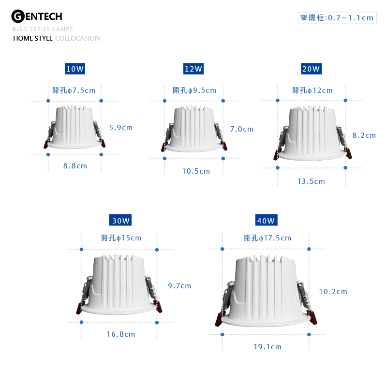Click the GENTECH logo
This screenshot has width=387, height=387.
tap(37, 16)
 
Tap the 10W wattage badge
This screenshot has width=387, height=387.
tap(75, 69)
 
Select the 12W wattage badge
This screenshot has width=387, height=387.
tap(193, 69)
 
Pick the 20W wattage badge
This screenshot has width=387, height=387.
tap(311, 69)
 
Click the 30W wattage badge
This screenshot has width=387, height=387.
tap(120, 220)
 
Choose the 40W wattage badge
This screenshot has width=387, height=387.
tap(267, 220)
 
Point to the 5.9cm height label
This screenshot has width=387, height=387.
tap(121, 128)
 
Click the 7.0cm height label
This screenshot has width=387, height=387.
tap(242, 129)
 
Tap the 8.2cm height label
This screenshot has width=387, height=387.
tap(364, 135)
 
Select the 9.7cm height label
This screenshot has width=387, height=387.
tap(179, 286)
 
